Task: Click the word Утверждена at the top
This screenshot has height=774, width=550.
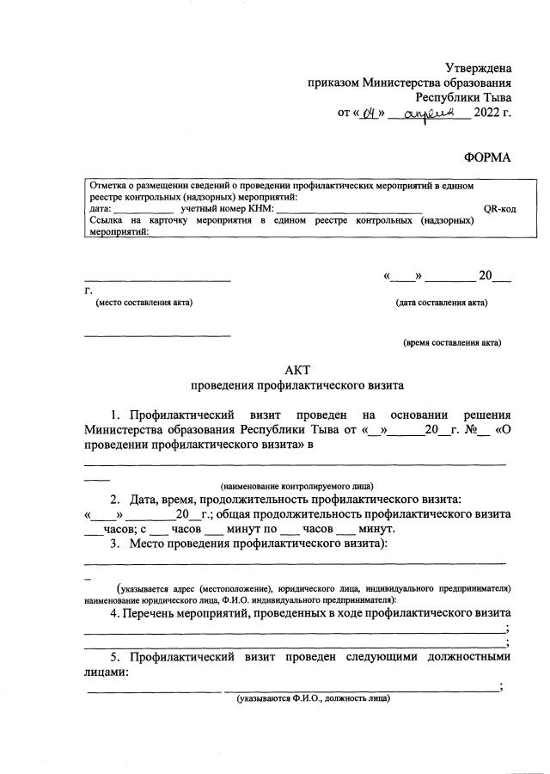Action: [478, 68]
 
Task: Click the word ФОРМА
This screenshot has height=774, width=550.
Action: [487, 157]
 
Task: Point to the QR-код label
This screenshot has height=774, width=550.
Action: [499, 209]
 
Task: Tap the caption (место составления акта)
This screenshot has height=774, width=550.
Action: [144, 303]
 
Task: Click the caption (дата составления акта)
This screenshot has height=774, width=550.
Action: [442, 303]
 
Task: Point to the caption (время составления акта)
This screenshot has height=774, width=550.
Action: [452, 343]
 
